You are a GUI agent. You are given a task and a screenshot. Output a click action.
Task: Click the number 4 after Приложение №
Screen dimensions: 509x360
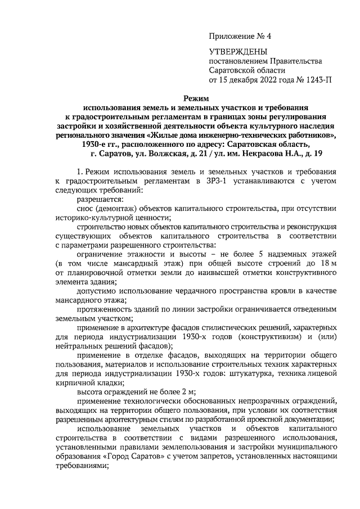[x=268, y=37]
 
